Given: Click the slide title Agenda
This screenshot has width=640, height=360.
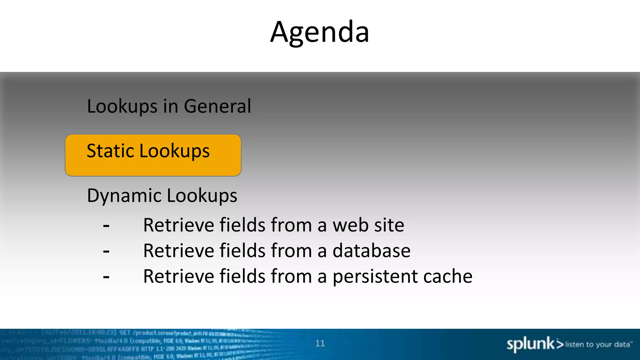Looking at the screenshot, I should click(320, 32).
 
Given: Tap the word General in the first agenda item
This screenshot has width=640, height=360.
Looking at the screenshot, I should click(217, 106).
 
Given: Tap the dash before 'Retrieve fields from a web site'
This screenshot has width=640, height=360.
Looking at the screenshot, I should click(106, 226).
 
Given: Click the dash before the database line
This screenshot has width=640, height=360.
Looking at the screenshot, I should click(106, 251).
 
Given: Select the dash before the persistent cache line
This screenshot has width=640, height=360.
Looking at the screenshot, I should click(106, 277).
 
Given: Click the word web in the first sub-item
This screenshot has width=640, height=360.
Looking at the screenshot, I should click(351, 225).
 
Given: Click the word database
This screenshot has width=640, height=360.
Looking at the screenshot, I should click(371, 251).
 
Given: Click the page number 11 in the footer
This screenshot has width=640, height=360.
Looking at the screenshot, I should click(320, 343).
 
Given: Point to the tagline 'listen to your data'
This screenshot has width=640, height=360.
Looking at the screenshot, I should click(597, 344).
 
